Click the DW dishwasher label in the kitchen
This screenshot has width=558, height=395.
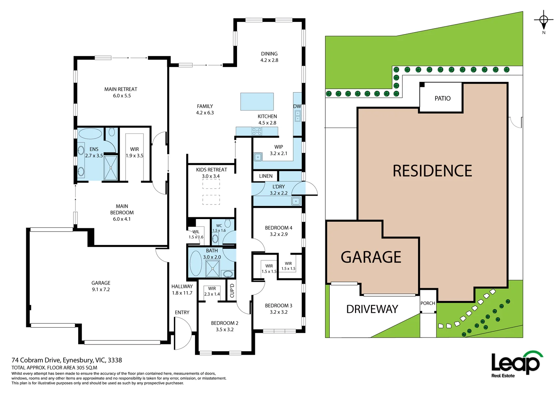(x=297, y=106)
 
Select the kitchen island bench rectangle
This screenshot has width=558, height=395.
(x=257, y=101)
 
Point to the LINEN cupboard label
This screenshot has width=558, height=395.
(x=265, y=176)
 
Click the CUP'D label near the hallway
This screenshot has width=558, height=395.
(x=232, y=291)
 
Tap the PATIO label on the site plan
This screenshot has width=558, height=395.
(x=442, y=98)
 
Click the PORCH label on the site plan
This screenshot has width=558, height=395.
(x=428, y=303)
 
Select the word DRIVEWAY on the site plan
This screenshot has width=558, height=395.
(x=372, y=309)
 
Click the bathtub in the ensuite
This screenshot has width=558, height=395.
(x=91, y=133)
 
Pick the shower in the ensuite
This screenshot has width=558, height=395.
(x=111, y=168)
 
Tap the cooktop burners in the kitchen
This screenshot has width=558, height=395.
(x=257, y=131)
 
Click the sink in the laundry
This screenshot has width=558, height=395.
(x=295, y=201)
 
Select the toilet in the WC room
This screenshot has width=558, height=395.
(x=228, y=223)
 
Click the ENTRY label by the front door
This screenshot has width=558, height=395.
(x=182, y=312)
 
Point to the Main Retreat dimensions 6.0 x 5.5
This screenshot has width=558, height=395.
(x=122, y=96)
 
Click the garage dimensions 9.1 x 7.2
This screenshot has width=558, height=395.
(x=101, y=289)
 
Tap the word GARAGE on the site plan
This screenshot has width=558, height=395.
(x=371, y=257)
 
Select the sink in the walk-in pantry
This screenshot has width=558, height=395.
(x=258, y=157)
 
